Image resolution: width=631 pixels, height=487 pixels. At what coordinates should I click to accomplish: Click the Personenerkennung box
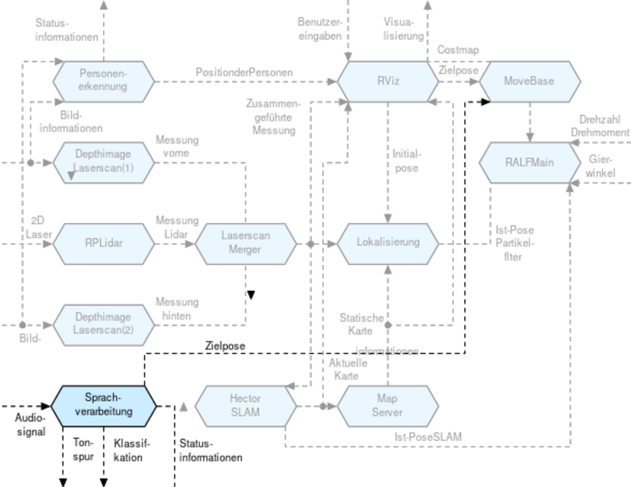(103, 81)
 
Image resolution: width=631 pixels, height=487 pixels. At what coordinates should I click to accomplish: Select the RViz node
(388, 81)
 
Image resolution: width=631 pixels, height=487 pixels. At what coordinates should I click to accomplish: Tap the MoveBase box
(529, 81)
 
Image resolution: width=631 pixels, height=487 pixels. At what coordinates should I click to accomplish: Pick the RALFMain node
(529, 163)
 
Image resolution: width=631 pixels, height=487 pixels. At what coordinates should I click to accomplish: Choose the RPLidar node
(103, 244)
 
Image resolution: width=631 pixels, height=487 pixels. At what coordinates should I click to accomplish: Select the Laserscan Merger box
(246, 244)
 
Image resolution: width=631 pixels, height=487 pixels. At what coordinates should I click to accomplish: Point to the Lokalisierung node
(388, 244)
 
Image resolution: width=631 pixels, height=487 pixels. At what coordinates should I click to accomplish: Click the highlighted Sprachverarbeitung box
(103, 406)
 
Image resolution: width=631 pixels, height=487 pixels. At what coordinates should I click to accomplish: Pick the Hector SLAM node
(246, 406)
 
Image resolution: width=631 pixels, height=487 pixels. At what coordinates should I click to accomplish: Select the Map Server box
(388, 406)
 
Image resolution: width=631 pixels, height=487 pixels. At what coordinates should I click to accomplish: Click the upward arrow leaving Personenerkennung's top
(104, 29)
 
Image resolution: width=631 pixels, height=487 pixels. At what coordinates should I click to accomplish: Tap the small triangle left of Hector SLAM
(184, 407)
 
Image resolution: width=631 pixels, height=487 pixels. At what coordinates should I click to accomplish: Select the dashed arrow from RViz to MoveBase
(458, 82)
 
